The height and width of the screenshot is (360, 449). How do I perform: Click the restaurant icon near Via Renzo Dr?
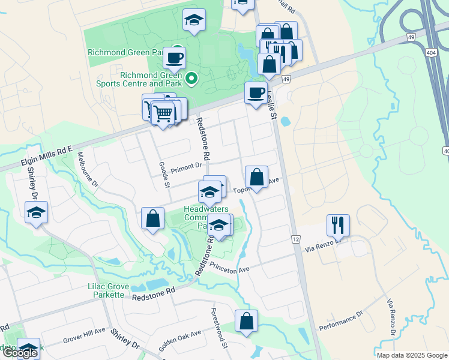coord(338,225)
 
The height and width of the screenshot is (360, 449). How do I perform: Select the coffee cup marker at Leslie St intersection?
coord(256,93)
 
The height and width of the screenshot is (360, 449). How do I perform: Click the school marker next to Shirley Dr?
coord(37,212)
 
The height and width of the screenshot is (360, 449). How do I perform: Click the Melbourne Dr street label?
coord(87,170)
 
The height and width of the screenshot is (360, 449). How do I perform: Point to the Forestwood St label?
coord(218,329)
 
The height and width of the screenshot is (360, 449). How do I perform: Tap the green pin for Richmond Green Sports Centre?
coord(191,78)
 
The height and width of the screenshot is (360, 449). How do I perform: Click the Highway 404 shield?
coord(432,53)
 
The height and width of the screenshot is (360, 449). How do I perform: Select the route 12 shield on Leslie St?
coord(296,239)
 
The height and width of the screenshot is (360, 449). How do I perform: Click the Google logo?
coord(20,353)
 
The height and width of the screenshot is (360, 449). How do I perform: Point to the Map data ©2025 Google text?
coord(411,355)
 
